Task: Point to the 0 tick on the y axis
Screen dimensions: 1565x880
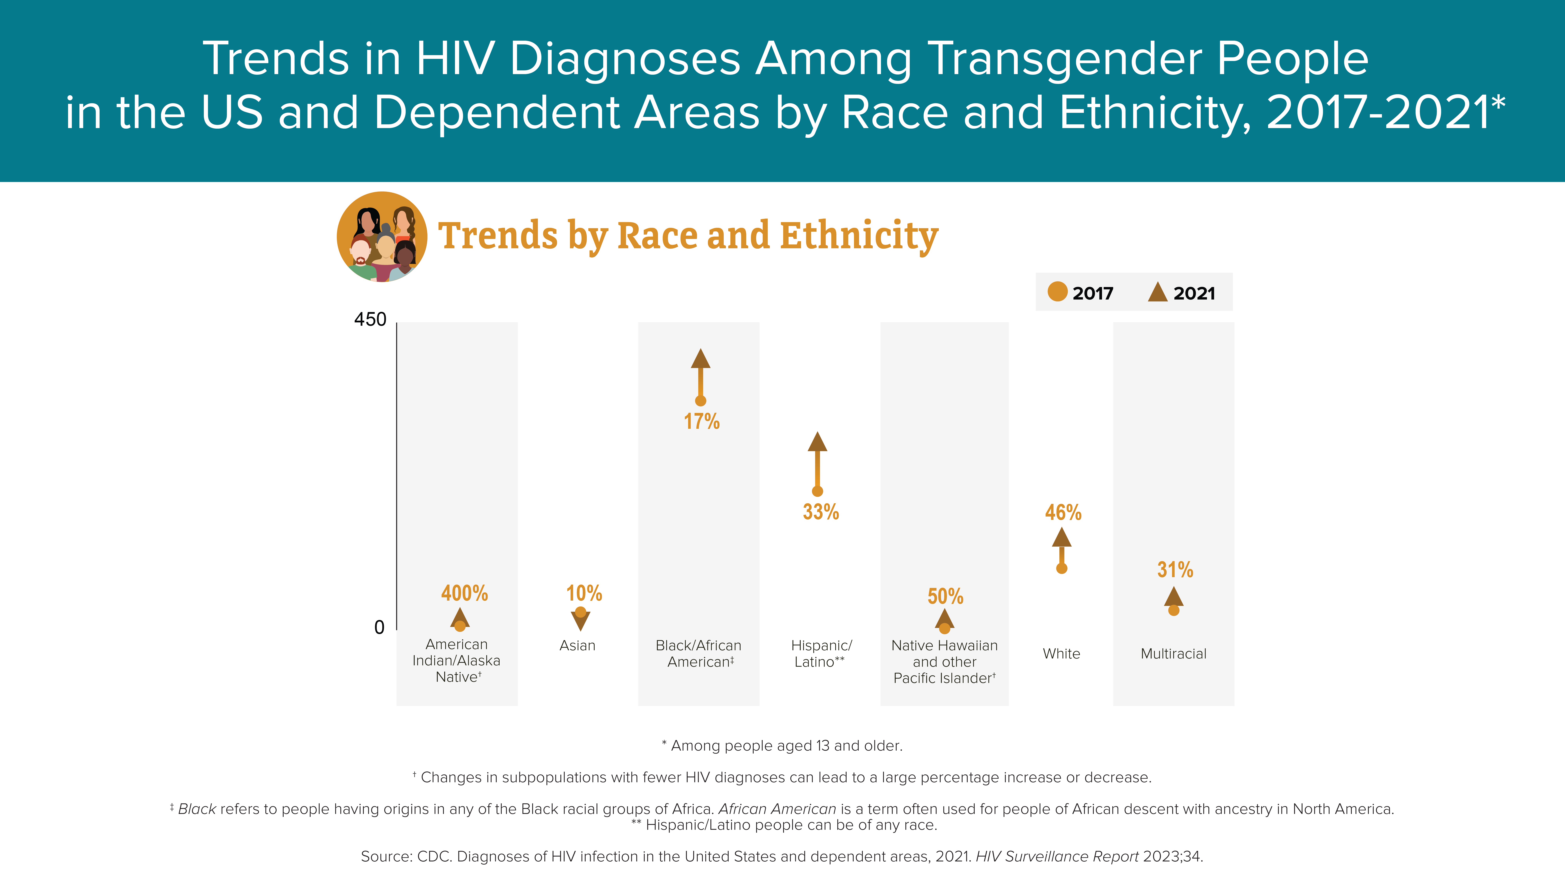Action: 379,627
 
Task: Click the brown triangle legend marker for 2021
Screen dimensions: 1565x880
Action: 1157,292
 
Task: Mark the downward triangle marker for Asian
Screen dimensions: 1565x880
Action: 581,621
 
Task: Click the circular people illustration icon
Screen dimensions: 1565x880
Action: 382,237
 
